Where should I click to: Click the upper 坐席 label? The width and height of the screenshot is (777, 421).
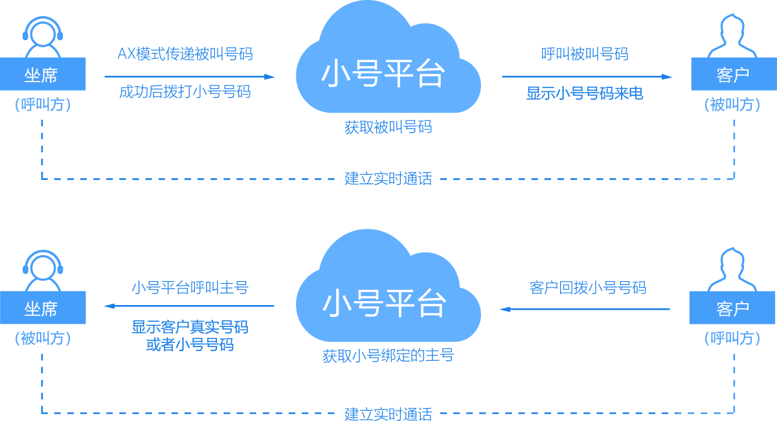41,76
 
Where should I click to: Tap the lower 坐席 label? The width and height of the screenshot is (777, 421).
41,310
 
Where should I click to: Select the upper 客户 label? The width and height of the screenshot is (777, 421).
733,76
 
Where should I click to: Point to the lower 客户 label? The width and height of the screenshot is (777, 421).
733,310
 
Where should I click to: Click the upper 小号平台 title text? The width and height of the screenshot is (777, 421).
383,73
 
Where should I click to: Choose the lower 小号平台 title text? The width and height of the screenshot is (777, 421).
385,303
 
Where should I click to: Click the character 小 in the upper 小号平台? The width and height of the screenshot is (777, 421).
337,73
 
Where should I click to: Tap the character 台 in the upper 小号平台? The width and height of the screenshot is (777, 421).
430,73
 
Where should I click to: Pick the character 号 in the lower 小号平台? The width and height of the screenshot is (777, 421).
369,303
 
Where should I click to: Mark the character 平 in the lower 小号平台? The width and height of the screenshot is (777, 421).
400,303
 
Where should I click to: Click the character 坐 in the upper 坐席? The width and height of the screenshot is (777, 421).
32,76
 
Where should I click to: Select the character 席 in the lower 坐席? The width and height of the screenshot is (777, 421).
49,310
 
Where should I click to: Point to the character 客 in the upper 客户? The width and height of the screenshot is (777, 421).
725,76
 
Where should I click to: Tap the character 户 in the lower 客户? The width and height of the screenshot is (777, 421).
741,310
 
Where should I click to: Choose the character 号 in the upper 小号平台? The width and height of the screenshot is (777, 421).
368,73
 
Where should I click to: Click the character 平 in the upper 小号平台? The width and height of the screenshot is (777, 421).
399,73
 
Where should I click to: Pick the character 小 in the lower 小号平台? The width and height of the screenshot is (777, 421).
338,303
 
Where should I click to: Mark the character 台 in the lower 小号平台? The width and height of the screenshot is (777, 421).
431,303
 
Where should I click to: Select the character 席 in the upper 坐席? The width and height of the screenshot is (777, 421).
49,76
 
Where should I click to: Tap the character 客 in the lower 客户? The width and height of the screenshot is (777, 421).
725,310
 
